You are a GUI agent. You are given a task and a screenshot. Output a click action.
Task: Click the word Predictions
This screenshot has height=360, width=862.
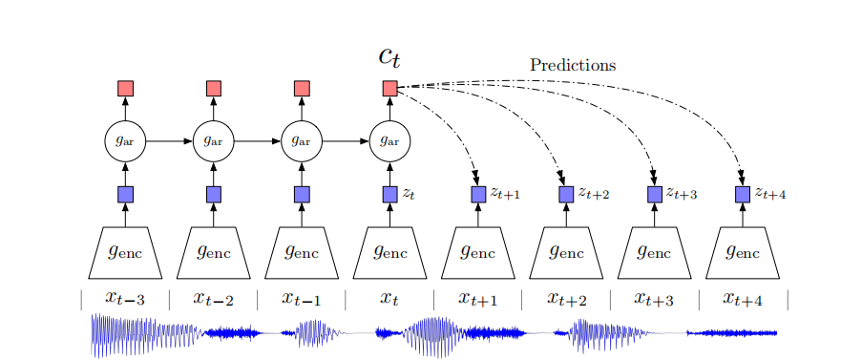click(x=573, y=66)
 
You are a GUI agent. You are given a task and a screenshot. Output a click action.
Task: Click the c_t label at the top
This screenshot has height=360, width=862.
click(x=389, y=57)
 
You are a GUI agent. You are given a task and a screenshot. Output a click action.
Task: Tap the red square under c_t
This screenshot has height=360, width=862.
click(x=389, y=89)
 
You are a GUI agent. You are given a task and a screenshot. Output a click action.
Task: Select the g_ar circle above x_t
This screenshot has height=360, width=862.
click(x=389, y=141)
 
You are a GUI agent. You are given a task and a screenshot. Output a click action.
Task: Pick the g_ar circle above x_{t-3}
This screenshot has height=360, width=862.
click(x=125, y=141)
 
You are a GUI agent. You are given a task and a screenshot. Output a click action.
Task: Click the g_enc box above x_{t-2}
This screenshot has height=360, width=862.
click(x=214, y=253)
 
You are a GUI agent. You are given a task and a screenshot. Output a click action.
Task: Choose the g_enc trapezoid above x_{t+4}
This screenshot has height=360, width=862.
click(x=743, y=253)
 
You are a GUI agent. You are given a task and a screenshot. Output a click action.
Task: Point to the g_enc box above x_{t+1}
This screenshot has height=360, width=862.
click(x=478, y=253)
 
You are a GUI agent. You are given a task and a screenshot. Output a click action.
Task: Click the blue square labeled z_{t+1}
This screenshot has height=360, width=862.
click(x=478, y=194)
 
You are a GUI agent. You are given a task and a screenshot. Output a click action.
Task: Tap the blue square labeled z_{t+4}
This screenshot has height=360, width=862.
click(x=743, y=194)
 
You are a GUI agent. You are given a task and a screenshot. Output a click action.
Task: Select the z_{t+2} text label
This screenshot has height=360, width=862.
click(x=593, y=194)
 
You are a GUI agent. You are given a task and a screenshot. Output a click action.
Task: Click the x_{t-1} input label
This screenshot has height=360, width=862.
click(x=302, y=298)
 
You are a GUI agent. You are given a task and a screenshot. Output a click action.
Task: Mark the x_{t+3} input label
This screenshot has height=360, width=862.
click(x=654, y=298)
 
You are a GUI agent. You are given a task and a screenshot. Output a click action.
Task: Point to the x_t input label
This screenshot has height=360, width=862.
click(x=389, y=298)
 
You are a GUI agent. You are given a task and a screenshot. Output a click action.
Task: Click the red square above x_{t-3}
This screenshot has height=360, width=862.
click(x=125, y=89)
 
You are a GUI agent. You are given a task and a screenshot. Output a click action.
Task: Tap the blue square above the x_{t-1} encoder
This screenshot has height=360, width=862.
click(x=302, y=194)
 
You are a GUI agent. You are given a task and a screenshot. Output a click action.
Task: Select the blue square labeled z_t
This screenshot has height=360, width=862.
click(x=389, y=194)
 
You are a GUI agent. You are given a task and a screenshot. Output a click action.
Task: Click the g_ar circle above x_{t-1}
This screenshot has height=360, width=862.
click(x=302, y=141)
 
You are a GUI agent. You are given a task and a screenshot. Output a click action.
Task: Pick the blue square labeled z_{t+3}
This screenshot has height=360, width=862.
click(x=655, y=194)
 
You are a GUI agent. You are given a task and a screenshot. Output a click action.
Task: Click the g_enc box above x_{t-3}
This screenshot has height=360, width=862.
click(x=125, y=253)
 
